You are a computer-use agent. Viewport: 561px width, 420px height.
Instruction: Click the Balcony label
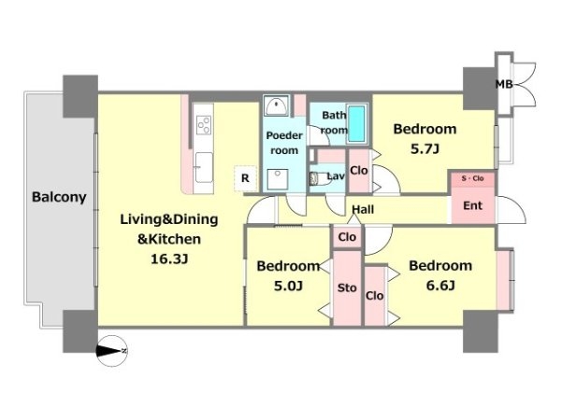tap(59, 197)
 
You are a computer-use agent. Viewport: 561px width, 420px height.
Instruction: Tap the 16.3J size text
tap(169, 259)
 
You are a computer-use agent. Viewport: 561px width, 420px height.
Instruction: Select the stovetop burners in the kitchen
tap(204, 125)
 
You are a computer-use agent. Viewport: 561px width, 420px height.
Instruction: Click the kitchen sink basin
tap(204, 167)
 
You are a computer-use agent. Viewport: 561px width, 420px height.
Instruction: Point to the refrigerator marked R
tap(245, 178)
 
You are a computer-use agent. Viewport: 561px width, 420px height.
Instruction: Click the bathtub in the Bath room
tap(356, 123)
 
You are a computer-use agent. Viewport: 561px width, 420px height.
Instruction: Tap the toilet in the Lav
tap(321, 178)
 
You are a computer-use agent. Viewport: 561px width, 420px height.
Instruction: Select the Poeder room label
tap(284, 143)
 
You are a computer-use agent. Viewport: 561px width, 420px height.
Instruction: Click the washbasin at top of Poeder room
tap(277, 105)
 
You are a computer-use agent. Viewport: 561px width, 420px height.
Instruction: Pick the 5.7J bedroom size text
tap(424, 148)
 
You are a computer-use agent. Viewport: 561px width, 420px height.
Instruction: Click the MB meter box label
tap(504, 84)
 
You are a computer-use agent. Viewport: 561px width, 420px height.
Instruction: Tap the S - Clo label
tap(472, 178)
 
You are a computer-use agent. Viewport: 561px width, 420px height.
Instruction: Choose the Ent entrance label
tap(472, 205)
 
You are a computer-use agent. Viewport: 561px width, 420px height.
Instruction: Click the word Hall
tap(363, 209)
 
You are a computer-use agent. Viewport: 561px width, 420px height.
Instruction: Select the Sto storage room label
tap(347, 287)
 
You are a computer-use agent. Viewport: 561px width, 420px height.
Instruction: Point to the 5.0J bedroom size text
tap(288, 286)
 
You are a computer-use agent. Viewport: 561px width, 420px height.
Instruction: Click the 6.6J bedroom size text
tap(440, 286)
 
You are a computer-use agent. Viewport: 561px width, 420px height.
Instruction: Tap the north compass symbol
tap(111, 351)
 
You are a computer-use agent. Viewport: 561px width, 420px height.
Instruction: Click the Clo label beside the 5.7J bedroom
tap(359, 171)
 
